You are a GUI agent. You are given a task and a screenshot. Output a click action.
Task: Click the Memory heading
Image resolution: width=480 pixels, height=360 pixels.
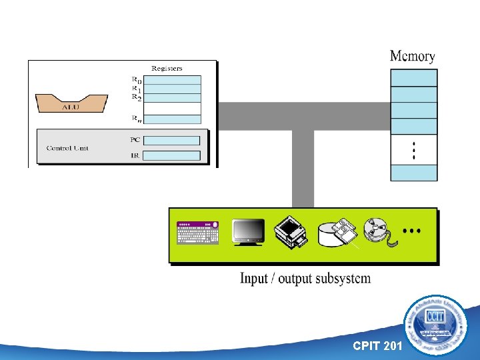[x=412, y=57]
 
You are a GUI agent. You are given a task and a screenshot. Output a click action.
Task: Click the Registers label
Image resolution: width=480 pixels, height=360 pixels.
[x=167, y=68]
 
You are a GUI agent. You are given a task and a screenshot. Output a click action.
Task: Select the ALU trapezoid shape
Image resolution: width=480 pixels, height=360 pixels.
[x=71, y=103]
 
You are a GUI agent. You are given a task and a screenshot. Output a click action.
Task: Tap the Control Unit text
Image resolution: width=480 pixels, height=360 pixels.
[x=67, y=148]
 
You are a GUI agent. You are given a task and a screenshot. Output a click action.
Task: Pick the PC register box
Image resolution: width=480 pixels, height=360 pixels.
[x=171, y=141]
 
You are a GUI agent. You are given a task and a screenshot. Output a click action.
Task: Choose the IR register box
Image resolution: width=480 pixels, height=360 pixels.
[x=171, y=155]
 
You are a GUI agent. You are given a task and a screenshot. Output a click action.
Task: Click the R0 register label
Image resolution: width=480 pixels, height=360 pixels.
[x=136, y=80]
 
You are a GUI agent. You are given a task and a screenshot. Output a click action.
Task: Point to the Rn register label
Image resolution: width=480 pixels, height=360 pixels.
[x=136, y=120]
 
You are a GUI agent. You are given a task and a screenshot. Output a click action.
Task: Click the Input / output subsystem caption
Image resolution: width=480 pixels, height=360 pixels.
[x=305, y=278]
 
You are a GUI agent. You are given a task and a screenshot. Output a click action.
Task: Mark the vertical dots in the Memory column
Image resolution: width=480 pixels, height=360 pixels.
[x=414, y=151]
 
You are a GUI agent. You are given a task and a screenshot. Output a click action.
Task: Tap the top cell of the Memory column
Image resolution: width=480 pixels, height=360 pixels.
[x=414, y=77]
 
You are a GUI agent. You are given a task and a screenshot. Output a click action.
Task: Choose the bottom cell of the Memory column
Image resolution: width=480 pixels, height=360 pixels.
[x=414, y=173]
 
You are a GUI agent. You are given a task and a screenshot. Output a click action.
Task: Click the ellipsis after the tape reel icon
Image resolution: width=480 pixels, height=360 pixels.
[x=412, y=231]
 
